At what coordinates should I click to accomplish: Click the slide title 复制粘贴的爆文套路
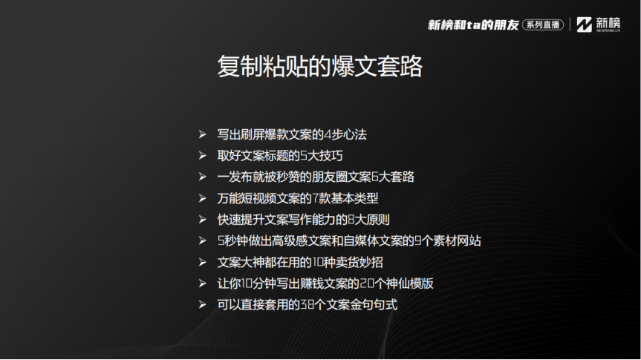319,66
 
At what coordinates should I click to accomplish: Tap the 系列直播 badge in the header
542,25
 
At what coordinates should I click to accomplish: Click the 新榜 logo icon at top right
584,24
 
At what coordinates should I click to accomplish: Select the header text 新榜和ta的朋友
473,25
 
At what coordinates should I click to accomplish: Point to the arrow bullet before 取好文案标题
202,156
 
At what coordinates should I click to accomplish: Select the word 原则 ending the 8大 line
378,220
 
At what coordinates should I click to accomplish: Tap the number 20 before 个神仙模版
367,284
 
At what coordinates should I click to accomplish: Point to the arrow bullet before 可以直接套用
202,304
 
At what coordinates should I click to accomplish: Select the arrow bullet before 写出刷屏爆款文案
202,134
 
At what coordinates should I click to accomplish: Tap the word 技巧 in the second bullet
331,156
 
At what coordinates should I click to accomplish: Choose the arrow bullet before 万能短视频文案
202,198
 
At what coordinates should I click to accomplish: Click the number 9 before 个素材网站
417,241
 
